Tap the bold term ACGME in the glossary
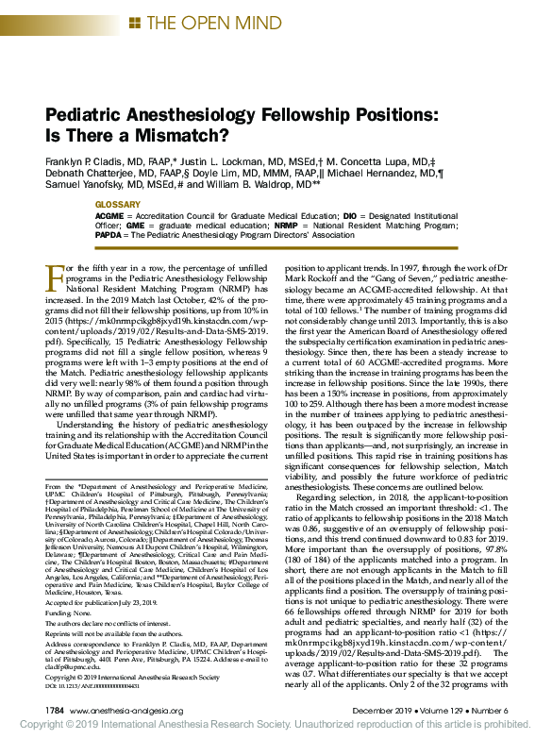(x=110, y=216)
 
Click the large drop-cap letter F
(x=56, y=278)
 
